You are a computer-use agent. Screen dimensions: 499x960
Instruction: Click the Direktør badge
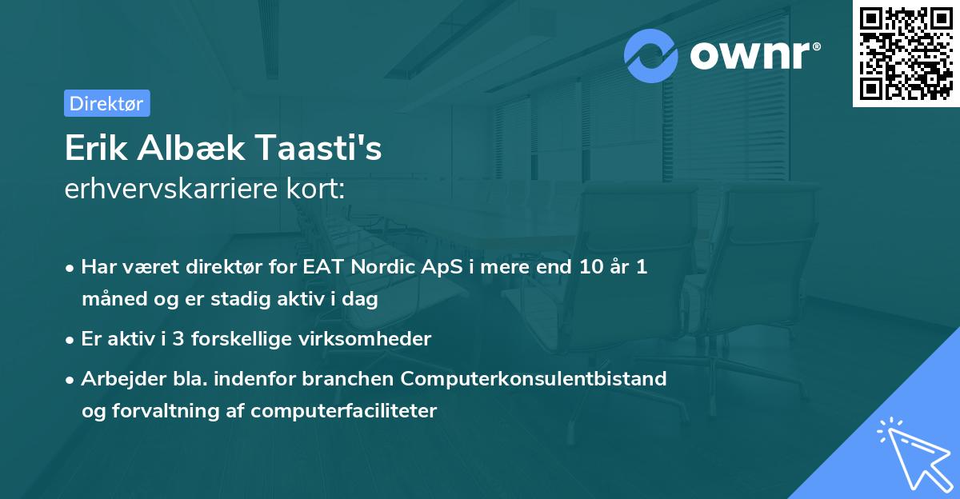[106, 103]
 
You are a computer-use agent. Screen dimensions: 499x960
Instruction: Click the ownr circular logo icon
[652, 56]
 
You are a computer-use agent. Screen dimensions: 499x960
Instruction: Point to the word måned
[110, 300]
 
